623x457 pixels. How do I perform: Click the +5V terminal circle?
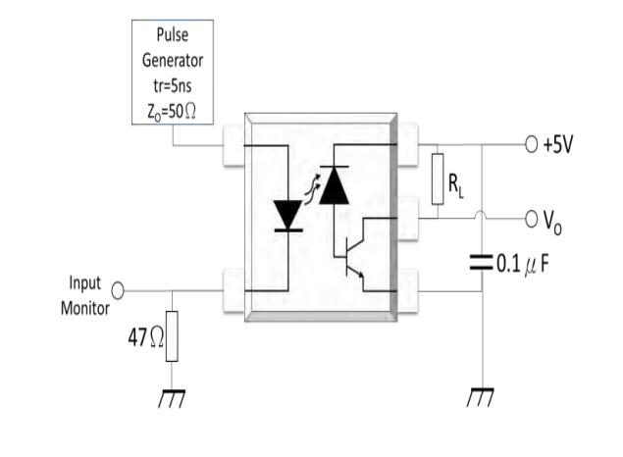[x=531, y=146]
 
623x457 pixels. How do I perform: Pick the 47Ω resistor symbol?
[x=174, y=335]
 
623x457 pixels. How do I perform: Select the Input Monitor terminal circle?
[x=119, y=290]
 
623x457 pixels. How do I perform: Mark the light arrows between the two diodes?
[x=311, y=190]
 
